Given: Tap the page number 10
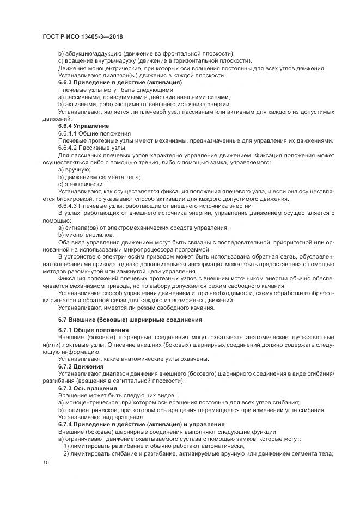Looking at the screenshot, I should pyautogui.click(x=46, y=463).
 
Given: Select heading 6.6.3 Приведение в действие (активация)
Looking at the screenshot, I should pyautogui.click(x=112, y=82).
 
